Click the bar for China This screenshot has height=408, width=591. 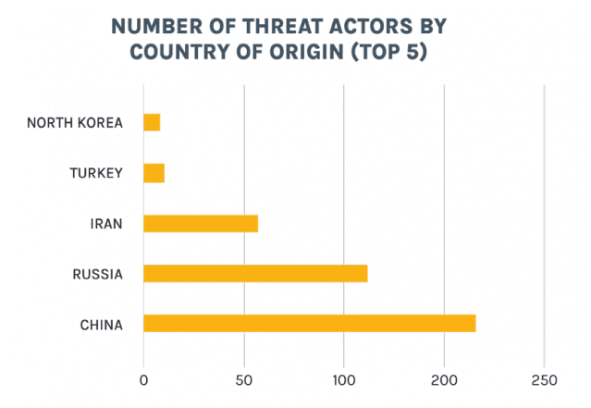[310, 323]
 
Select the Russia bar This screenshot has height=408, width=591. [255, 273]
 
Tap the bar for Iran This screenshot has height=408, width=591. [201, 223]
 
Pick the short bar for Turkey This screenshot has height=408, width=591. [154, 173]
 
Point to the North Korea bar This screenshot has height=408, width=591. [152, 122]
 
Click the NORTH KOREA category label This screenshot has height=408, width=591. [74, 122]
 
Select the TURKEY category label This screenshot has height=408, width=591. [96, 173]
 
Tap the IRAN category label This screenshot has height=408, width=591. [106, 223]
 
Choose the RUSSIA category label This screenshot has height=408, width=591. [97, 274]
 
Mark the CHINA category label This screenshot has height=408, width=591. [101, 324]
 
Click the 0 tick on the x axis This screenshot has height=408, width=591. [143, 379]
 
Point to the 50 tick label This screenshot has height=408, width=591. [244, 379]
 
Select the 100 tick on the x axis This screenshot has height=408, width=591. [344, 379]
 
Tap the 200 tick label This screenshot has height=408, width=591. [444, 379]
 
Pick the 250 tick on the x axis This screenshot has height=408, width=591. [544, 379]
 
